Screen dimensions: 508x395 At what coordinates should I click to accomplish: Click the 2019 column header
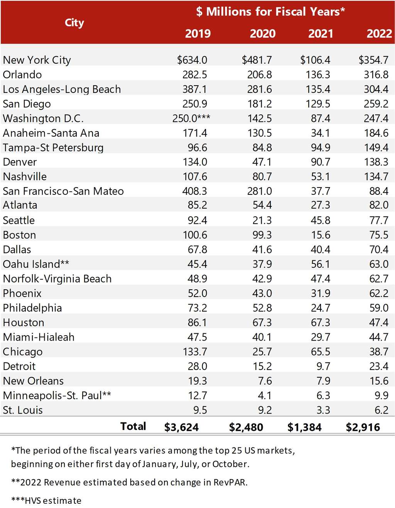click(197, 34)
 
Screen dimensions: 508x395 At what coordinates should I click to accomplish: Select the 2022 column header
click(379, 34)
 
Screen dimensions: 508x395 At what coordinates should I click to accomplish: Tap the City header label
click(74, 23)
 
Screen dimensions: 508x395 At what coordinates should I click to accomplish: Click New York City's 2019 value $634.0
click(192, 60)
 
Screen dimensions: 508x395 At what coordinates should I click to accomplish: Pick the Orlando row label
click(22, 75)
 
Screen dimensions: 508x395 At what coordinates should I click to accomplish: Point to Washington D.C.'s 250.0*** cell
click(191, 118)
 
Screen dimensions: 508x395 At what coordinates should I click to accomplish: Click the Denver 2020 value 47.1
click(262, 162)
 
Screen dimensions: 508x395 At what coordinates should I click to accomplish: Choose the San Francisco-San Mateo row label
click(63, 191)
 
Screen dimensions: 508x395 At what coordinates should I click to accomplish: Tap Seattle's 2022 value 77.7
click(379, 221)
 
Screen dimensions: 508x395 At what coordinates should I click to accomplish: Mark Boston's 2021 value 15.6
click(321, 235)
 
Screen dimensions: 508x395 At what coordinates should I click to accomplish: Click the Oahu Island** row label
click(36, 264)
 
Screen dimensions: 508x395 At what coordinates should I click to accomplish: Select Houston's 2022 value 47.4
click(379, 323)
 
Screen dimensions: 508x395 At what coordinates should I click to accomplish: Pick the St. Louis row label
click(23, 410)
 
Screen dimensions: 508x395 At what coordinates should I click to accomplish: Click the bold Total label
click(133, 426)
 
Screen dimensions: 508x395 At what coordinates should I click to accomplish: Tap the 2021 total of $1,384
click(304, 427)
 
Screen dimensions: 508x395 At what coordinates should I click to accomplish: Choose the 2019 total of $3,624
click(181, 427)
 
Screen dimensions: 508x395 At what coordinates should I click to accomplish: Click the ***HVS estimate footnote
click(46, 501)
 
